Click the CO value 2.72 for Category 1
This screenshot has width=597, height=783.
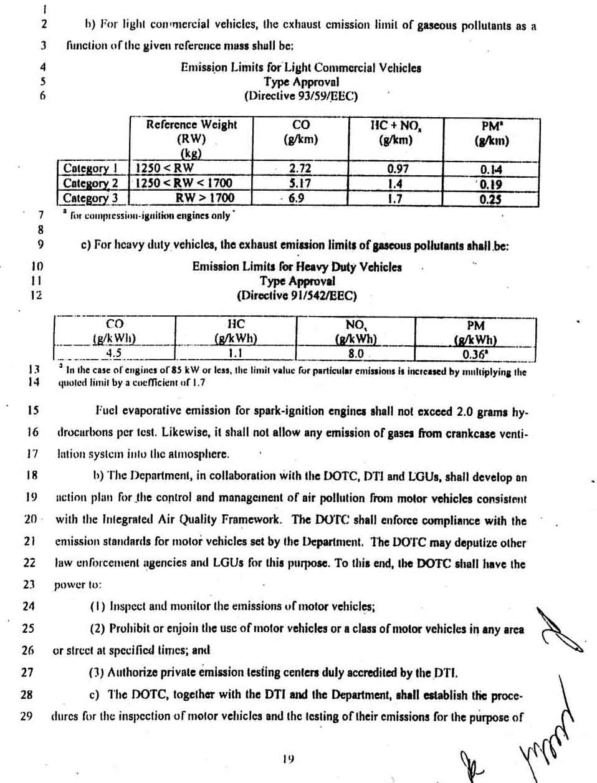pyautogui.click(x=300, y=168)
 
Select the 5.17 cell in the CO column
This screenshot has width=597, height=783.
pyautogui.click(x=300, y=183)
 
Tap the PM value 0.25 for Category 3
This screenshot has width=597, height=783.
pyautogui.click(x=491, y=199)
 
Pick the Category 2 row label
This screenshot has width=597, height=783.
pyautogui.click(x=90, y=183)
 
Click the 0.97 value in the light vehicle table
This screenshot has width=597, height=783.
pyautogui.click(x=398, y=168)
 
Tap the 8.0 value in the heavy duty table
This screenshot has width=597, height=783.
pyautogui.click(x=355, y=354)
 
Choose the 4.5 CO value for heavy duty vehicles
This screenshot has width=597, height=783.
pyautogui.click(x=113, y=353)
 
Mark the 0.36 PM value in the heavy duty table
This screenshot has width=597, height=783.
pyautogui.click(x=475, y=355)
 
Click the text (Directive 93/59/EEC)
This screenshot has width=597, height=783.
pyautogui.click(x=301, y=96)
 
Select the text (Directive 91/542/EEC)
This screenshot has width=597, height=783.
pyautogui.click(x=297, y=295)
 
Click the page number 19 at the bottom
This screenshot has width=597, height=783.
pyautogui.click(x=287, y=759)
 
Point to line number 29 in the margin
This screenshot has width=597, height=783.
pyautogui.click(x=26, y=716)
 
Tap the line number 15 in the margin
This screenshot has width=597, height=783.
pyautogui.click(x=32, y=410)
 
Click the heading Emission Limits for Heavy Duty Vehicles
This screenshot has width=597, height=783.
pyautogui.click(x=297, y=267)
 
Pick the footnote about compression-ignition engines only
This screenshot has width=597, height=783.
pyautogui.click(x=150, y=216)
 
